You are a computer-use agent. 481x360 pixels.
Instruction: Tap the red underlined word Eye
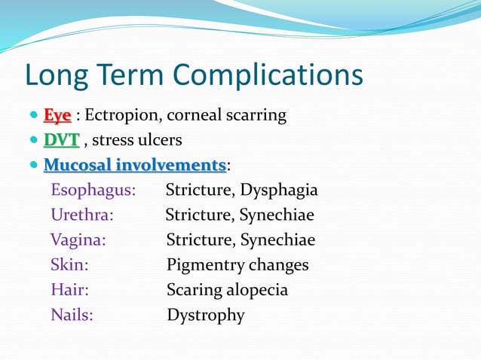coord(57,116)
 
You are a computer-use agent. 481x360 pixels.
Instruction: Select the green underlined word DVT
coord(61,140)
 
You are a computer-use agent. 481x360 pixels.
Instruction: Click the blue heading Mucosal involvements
coord(135,165)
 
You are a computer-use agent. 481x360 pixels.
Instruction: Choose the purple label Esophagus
coord(93,190)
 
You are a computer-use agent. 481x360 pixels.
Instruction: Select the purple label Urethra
coord(82,215)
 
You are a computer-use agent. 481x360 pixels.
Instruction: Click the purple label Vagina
coord(78,240)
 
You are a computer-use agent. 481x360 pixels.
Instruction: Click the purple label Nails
coord(72,315)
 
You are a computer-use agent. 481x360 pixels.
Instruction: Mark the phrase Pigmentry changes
coord(237,265)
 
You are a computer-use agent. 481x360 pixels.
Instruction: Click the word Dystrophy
coord(206,315)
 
